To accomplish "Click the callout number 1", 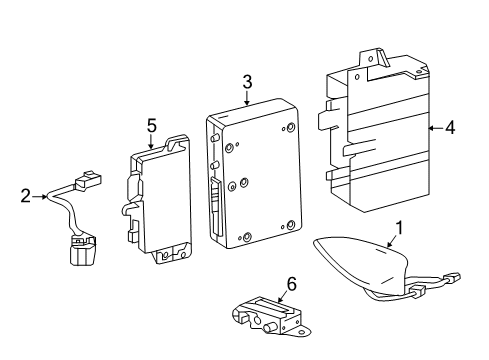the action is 399,229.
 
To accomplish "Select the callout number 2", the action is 25,196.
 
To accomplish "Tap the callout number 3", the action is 247,82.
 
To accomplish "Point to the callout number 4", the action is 450,128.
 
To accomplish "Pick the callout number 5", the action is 151,126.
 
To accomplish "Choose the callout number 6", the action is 291,284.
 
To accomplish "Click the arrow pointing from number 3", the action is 247,98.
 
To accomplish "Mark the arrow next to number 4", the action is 436,128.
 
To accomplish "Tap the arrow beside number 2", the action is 40,197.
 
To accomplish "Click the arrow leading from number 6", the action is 282,296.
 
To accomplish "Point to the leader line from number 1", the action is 392,241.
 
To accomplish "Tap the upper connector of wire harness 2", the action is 88,181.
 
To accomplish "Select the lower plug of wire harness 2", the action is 82,250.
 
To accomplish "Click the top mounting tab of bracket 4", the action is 373,58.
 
